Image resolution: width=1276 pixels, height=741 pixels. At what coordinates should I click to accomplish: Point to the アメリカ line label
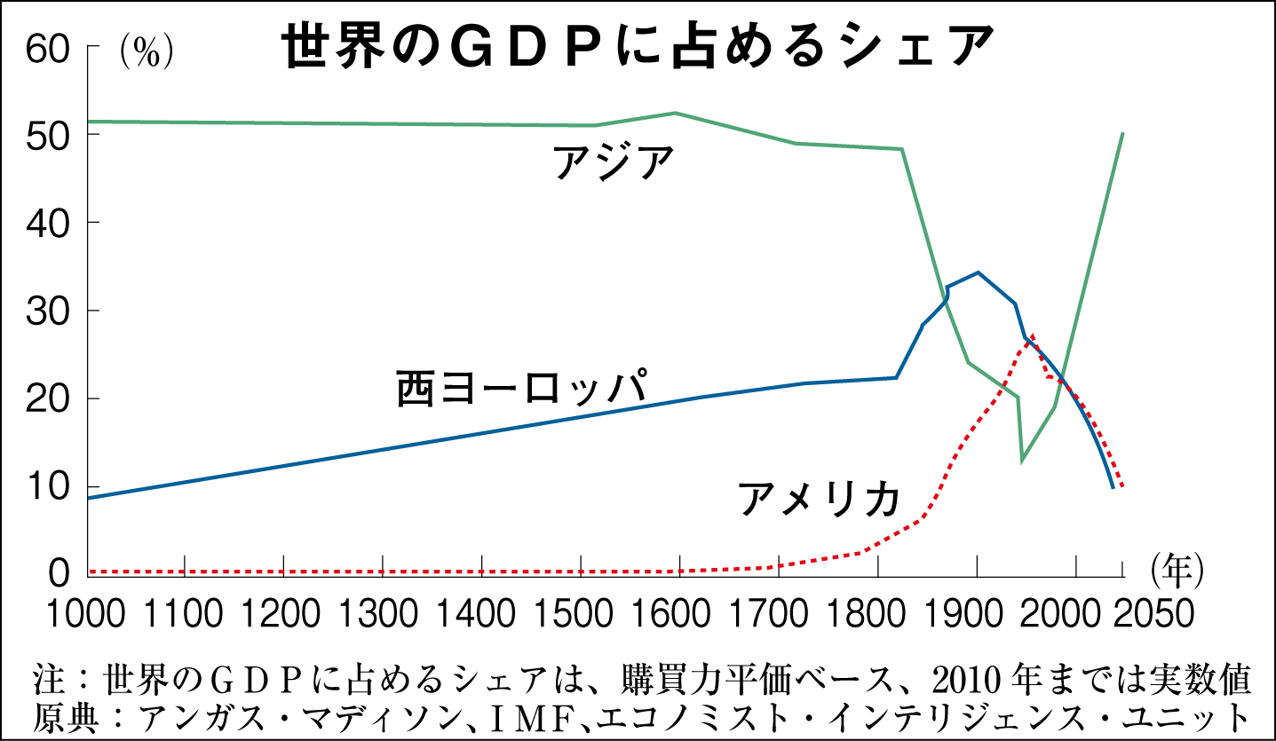coord(819,499)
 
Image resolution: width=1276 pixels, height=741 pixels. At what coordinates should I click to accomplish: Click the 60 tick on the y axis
coord(47,50)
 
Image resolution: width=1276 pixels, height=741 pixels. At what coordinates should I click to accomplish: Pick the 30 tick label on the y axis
coord(47,311)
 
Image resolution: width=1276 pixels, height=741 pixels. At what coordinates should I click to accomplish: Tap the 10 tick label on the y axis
coord(47,487)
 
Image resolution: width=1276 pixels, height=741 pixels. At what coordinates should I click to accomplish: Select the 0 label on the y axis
coord(59,573)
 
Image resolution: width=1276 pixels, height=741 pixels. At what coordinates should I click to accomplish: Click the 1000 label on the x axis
coord(86,614)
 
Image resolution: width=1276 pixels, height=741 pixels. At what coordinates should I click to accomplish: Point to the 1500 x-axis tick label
coord(581,614)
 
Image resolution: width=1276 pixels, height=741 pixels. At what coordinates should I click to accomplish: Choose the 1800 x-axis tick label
coord(877,614)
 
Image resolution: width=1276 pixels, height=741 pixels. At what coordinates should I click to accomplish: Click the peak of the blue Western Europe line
coord(978,272)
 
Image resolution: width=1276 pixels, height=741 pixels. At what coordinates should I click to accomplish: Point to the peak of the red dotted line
coord(1032,336)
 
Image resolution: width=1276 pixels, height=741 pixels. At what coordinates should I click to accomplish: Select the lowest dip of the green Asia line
coord(1023,460)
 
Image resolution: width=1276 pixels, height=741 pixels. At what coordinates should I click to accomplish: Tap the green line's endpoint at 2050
coord(1123,133)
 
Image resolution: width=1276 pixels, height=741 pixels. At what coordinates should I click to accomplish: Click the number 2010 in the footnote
coord(958,682)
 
